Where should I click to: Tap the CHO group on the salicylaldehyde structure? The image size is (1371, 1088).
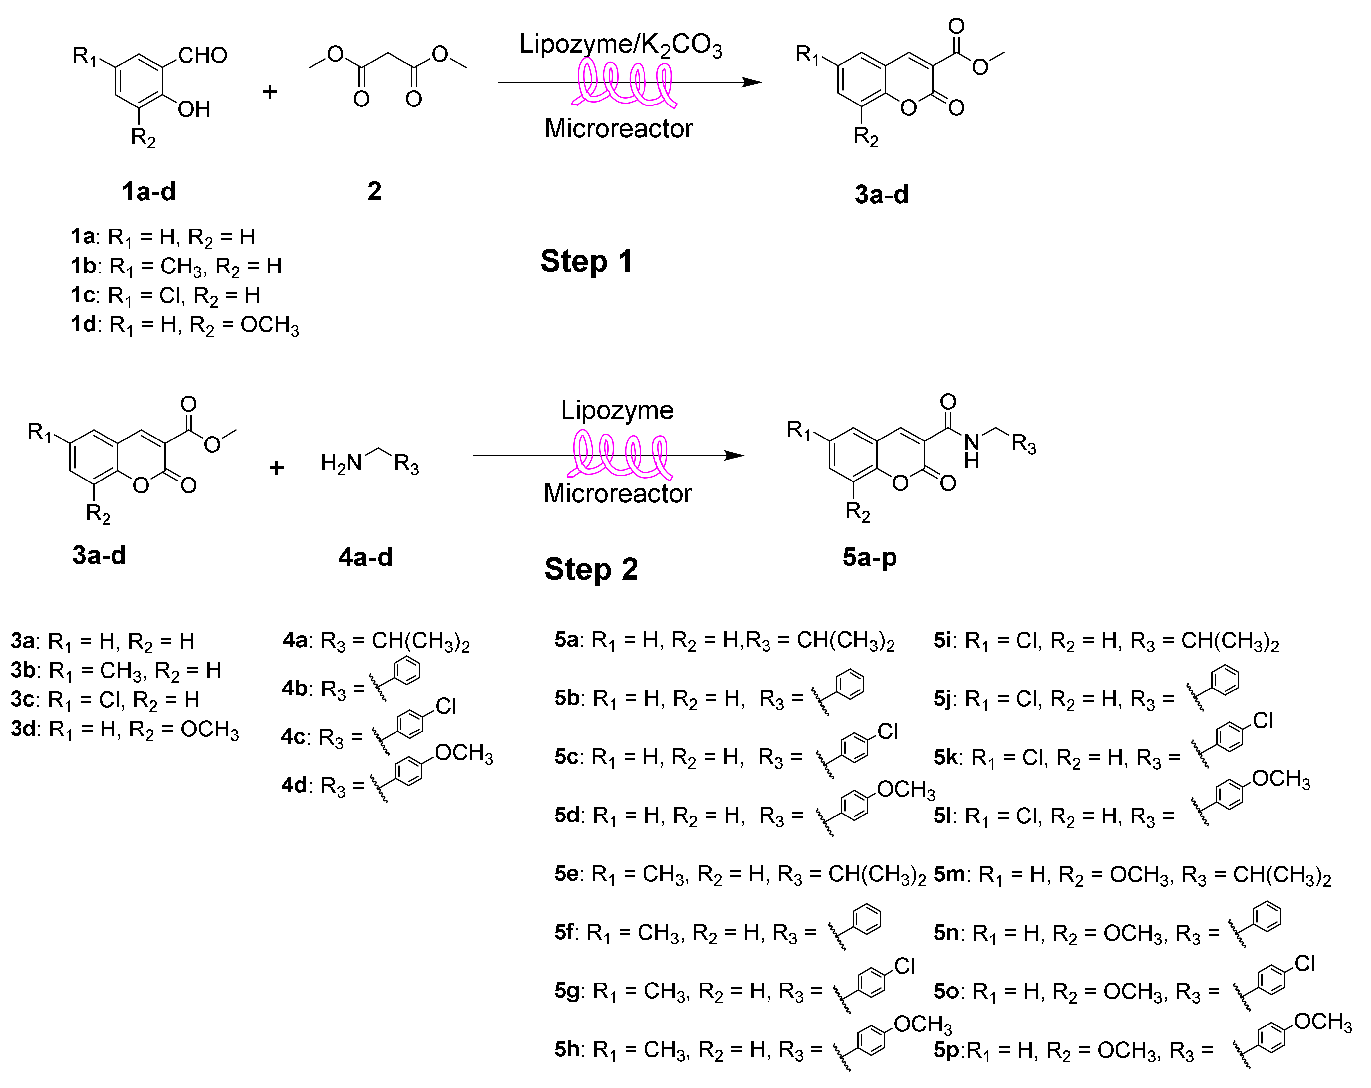(x=202, y=55)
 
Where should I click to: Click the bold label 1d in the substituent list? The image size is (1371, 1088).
(x=83, y=324)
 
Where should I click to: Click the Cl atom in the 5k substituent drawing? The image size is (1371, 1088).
(x=1263, y=721)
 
